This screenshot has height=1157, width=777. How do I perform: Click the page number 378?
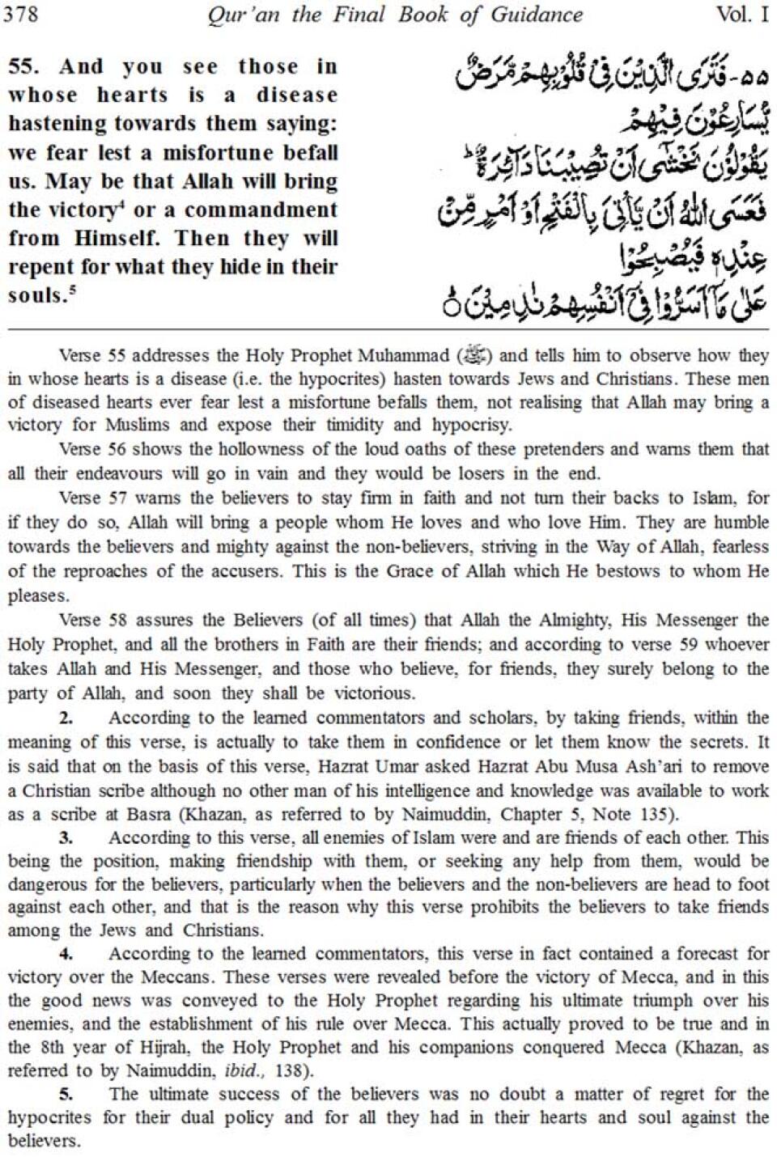point(22,14)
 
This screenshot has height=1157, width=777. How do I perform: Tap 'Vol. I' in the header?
point(741,15)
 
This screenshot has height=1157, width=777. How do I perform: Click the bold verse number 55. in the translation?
point(23,66)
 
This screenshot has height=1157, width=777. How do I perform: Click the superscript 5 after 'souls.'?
point(72,290)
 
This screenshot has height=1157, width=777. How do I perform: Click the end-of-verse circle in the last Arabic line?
point(452,308)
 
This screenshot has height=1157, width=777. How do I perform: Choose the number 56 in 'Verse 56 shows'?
point(117,449)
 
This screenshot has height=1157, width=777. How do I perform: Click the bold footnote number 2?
point(66,718)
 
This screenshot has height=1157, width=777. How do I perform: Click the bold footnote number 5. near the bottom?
point(66,1095)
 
